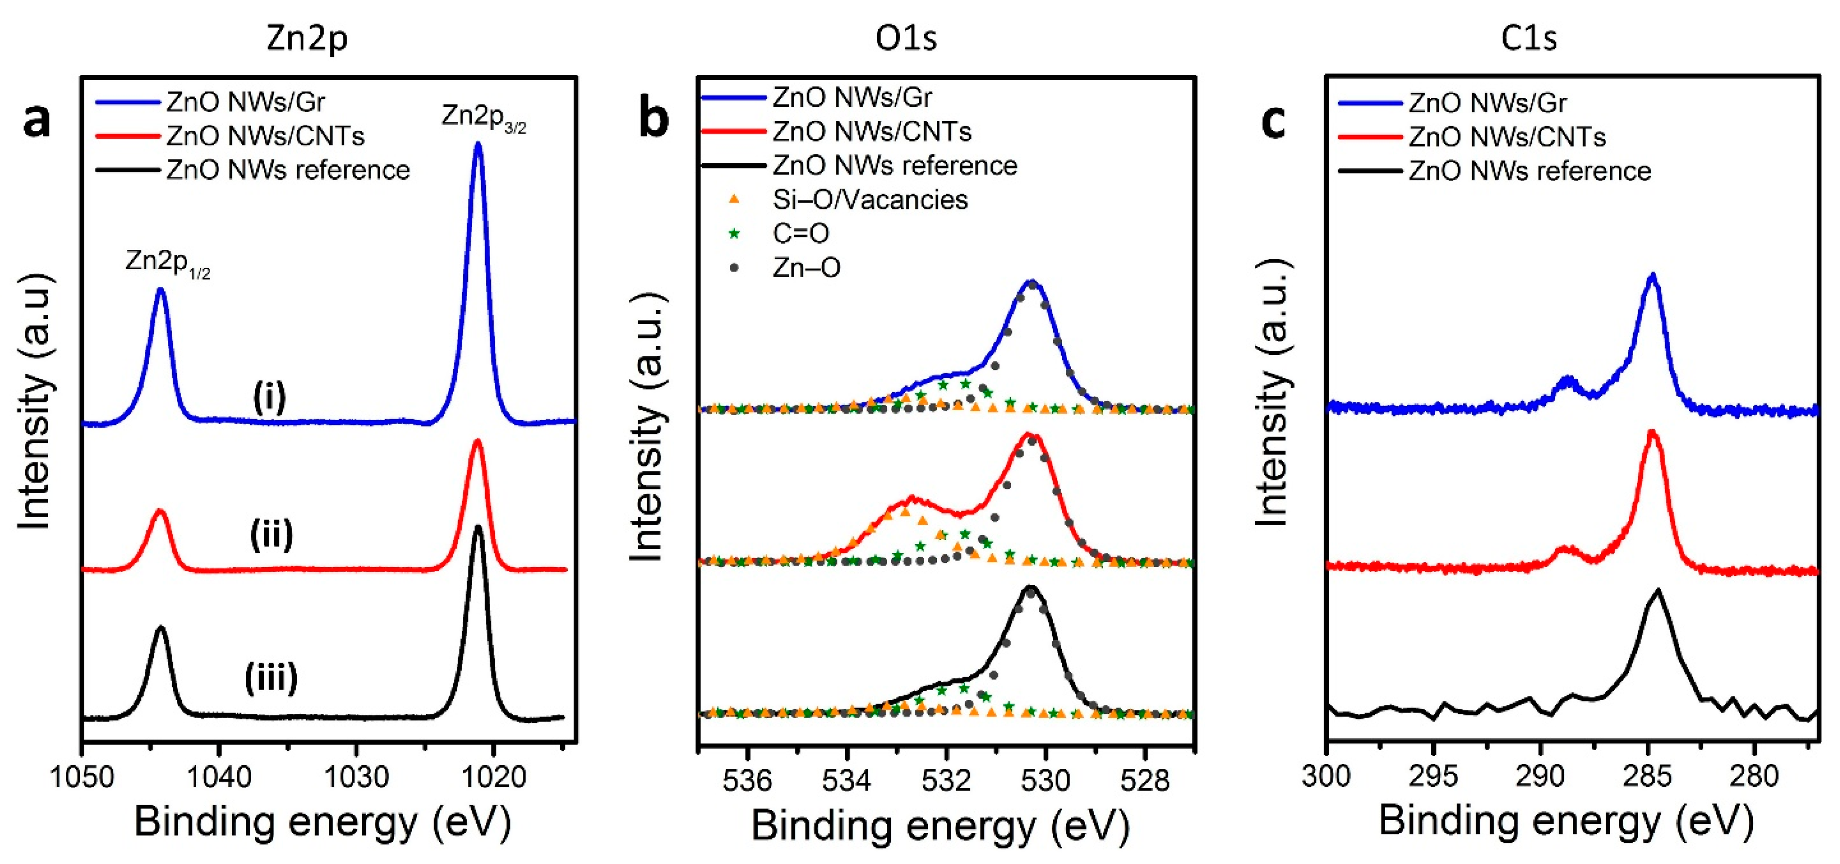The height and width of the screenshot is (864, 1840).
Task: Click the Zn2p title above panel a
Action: pyautogui.click(x=307, y=38)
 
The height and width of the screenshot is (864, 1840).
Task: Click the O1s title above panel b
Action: pyautogui.click(x=906, y=38)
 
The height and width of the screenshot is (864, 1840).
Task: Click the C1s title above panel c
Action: pyautogui.click(x=1529, y=38)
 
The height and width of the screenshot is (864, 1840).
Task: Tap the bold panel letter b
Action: pyautogui.click(x=653, y=120)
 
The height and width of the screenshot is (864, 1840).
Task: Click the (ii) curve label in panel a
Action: pyautogui.click(x=271, y=535)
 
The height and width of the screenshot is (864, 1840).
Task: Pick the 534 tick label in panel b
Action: pyautogui.click(x=847, y=780)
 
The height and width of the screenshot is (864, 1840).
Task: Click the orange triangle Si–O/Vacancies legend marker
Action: pyautogui.click(x=734, y=200)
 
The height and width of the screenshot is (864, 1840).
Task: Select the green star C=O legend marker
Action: pyautogui.click(x=734, y=234)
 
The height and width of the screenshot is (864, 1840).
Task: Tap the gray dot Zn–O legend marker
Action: pyautogui.click(x=734, y=268)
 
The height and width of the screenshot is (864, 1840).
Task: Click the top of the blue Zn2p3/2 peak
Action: pyautogui.click(x=478, y=144)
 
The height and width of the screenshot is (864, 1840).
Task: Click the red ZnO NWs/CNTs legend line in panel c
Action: pyautogui.click(x=1369, y=136)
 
